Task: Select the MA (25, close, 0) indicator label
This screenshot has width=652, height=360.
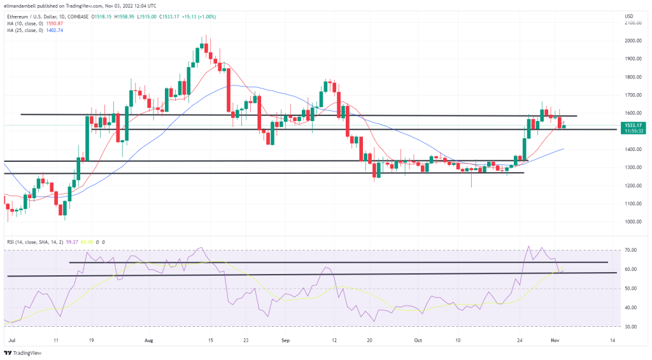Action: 25,29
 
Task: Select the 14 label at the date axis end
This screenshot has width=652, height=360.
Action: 612,341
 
